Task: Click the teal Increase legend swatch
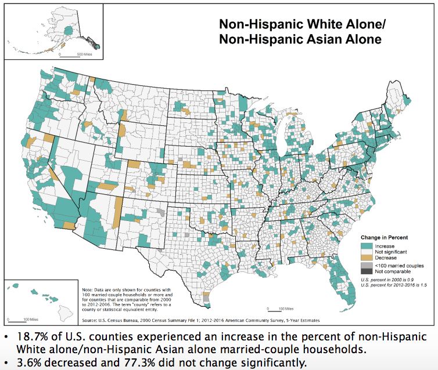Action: click(367, 246)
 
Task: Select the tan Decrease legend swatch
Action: click(367, 258)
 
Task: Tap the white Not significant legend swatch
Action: click(367, 252)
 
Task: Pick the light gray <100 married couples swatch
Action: click(367, 265)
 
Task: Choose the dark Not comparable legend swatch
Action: click(367, 271)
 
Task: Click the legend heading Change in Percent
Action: click(384, 238)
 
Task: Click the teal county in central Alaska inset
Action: click(70, 30)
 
